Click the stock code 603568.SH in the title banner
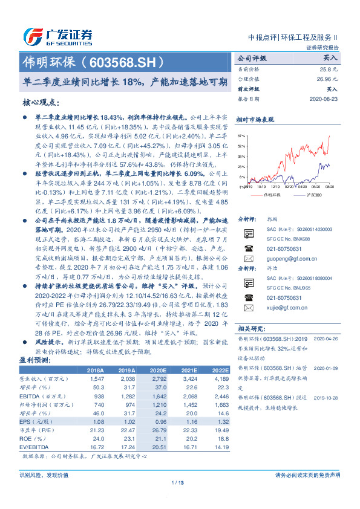pyautogui.click(x=126, y=62)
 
